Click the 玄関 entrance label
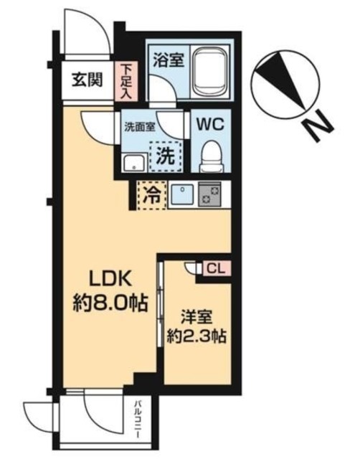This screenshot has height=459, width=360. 87,80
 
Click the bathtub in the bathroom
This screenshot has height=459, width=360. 211,72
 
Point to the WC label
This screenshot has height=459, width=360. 210,124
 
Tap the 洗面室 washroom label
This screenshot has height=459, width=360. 140,128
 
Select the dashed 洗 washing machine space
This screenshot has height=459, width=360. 166,156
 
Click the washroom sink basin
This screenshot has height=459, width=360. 134,162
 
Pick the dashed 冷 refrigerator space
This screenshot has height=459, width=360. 151,195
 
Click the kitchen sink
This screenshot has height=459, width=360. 182,194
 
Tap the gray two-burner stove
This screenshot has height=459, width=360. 209,194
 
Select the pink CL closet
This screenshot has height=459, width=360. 217,268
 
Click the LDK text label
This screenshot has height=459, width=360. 110,280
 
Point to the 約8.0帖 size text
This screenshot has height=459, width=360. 110,303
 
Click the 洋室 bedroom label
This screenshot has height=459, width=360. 196,318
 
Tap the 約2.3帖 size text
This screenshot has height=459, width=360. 196,337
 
